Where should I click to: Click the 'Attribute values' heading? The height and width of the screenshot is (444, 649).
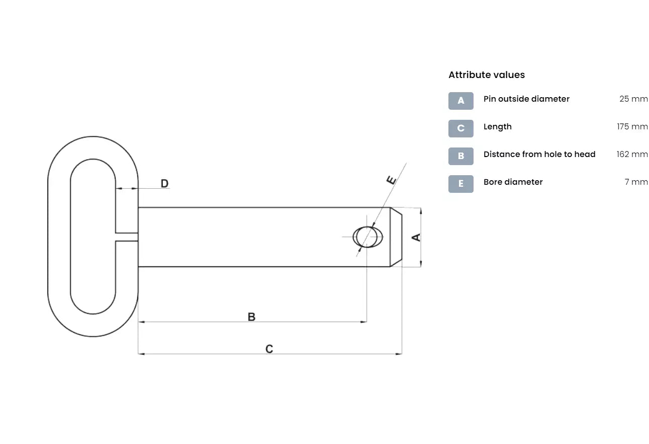click(487, 75)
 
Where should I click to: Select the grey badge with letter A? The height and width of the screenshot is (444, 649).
click(460, 101)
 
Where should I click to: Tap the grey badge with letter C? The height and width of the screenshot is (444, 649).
click(460, 128)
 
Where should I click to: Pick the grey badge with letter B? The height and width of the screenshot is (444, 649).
click(460, 156)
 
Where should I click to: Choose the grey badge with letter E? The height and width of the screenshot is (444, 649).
click(460, 184)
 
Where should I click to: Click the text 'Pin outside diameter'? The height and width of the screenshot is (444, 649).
click(526, 99)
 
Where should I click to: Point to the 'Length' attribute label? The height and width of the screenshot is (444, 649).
click(498, 127)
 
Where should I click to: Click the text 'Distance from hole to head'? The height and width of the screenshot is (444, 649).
click(539, 155)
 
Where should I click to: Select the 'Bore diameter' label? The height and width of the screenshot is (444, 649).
click(513, 182)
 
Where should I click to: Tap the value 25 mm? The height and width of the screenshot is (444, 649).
click(633, 99)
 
